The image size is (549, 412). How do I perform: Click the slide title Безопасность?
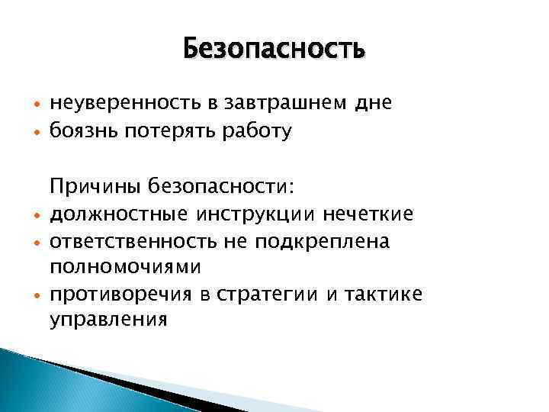pos(274,50)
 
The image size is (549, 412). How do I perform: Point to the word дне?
pos(373,103)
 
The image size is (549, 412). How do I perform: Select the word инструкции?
pos(256,214)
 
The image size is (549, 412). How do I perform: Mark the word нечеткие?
pos(368,214)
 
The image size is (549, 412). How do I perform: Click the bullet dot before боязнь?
pos(37,132)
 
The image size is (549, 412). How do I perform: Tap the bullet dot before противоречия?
pos(37,296)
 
